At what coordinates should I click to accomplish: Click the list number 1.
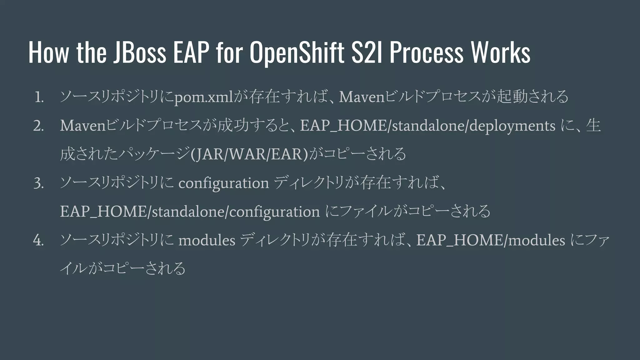(x=39, y=97)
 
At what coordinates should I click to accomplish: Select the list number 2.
(x=38, y=126)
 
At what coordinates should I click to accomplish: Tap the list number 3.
(x=38, y=184)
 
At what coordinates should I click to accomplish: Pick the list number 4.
(x=38, y=241)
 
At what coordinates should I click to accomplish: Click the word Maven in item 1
(x=362, y=97)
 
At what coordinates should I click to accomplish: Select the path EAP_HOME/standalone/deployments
(x=427, y=126)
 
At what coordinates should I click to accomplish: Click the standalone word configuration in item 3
(x=223, y=183)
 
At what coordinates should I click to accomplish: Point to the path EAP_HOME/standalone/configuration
(x=190, y=212)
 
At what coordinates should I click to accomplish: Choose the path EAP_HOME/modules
(x=491, y=241)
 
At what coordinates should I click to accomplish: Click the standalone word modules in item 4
(x=207, y=241)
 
